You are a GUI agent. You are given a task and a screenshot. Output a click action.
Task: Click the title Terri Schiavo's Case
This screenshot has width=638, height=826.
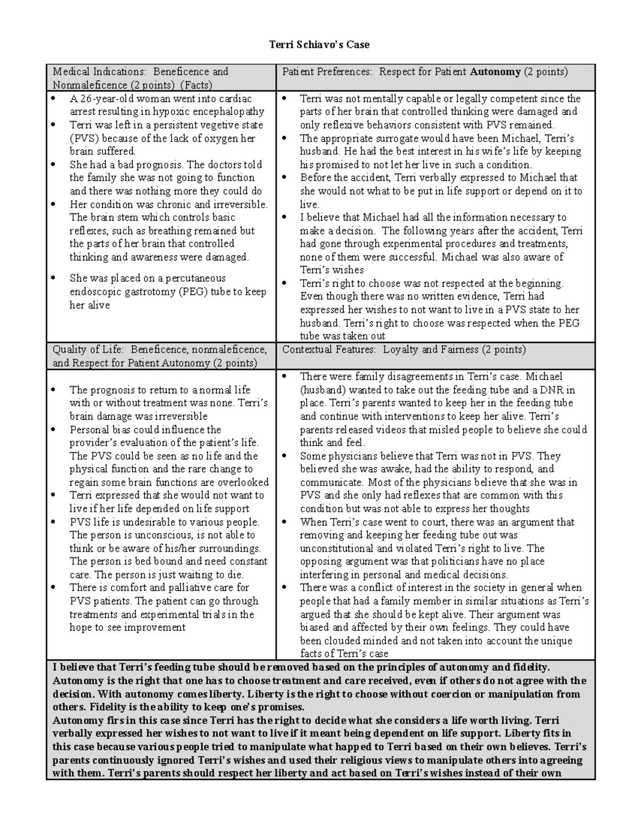tap(319, 45)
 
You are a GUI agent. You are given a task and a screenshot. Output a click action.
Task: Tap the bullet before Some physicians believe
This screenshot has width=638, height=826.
tap(285, 456)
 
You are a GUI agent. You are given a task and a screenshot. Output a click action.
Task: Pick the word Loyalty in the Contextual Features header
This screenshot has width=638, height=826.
tap(401, 350)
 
